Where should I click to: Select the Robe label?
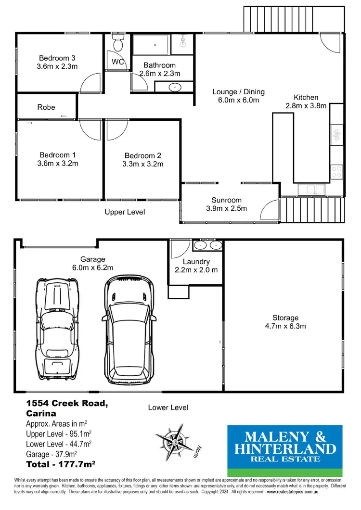(46, 107)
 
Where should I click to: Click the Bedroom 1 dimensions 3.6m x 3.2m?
(58, 163)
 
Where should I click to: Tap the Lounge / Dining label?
(239, 92)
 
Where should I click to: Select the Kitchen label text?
(307, 97)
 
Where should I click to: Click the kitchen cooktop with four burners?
(336, 171)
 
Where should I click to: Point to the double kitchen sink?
(312, 190)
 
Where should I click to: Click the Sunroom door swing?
(270, 211)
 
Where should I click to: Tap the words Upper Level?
(125, 212)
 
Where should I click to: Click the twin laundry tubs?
(208, 245)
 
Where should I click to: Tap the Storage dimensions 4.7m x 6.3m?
(285, 326)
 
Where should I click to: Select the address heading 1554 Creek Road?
(66, 404)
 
